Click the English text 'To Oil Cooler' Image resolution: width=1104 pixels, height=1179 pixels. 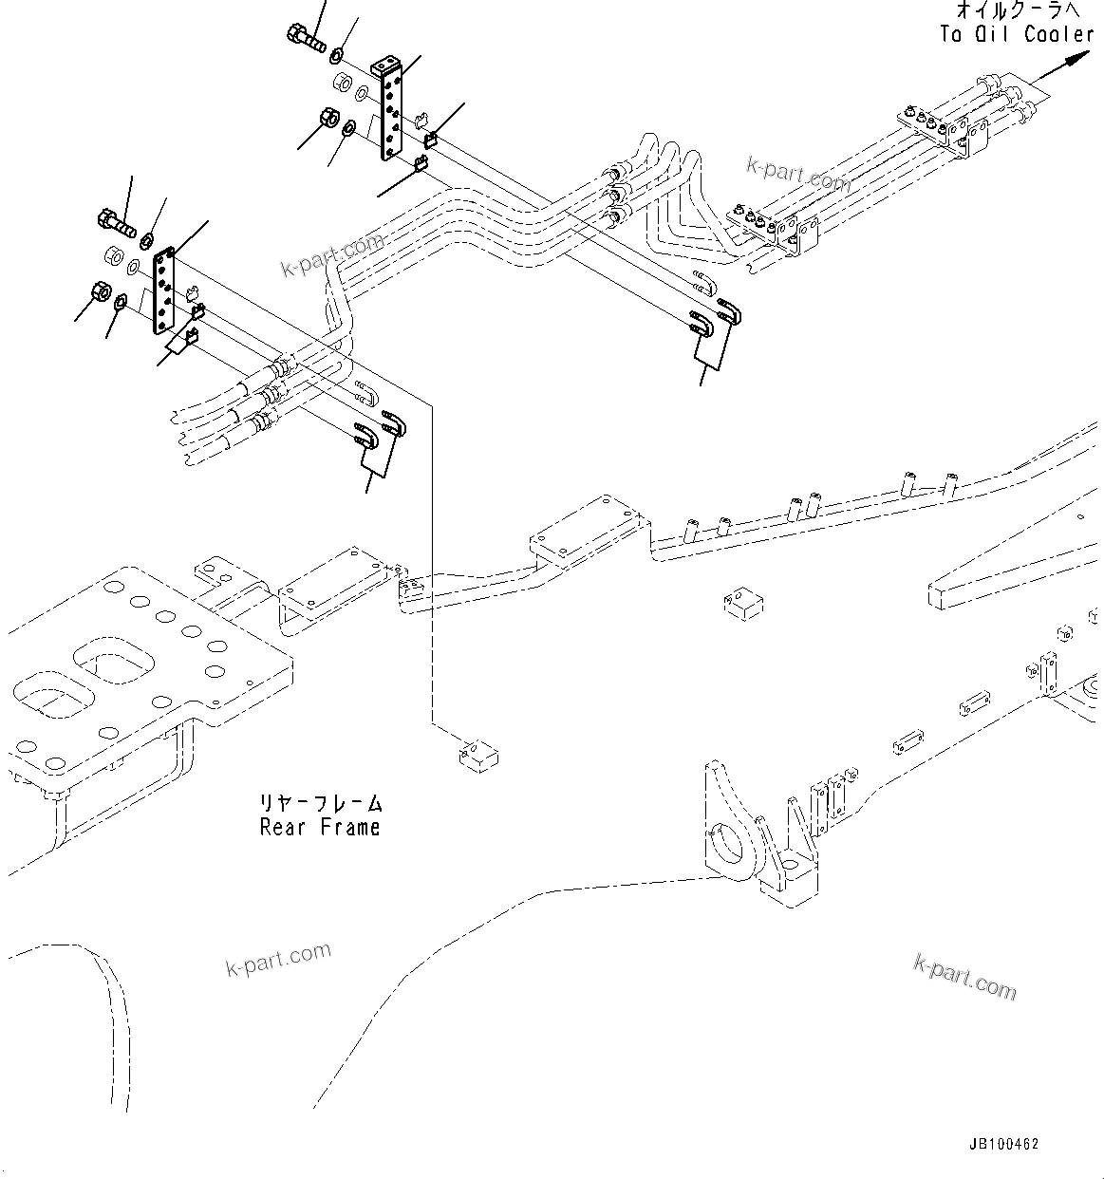pyautogui.click(x=1017, y=34)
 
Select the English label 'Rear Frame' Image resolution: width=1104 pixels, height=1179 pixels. pyautogui.click(x=320, y=827)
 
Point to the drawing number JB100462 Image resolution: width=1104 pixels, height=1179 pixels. pyautogui.click(x=1004, y=1144)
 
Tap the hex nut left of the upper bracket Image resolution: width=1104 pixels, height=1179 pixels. pyautogui.click(x=333, y=119)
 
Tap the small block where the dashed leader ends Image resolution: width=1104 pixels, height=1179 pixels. pyautogui.click(x=477, y=756)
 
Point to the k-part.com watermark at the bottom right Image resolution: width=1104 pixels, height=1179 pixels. pyautogui.click(x=964, y=977)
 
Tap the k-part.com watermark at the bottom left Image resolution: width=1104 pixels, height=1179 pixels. pyautogui.click(x=278, y=959)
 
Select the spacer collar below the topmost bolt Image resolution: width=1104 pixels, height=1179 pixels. pyautogui.click(x=340, y=88)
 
